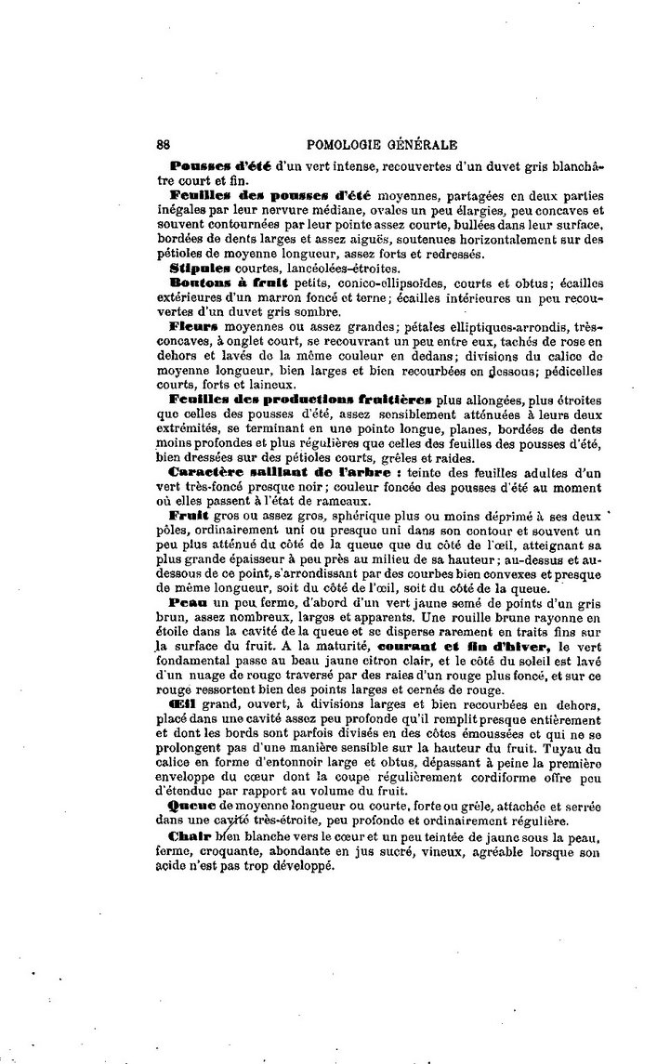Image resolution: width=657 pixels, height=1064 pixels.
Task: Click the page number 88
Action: click(x=164, y=145)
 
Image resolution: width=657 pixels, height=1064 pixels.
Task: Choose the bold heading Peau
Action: click(x=188, y=602)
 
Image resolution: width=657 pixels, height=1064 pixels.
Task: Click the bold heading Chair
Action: click(x=190, y=837)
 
